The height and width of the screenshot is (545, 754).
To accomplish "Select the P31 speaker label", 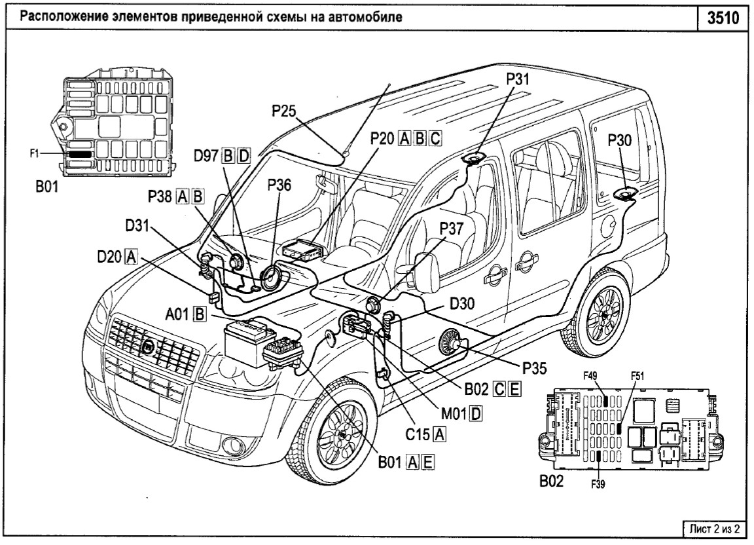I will [x=518, y=79].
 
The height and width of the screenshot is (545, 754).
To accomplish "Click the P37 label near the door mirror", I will [x=453, y=229].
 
